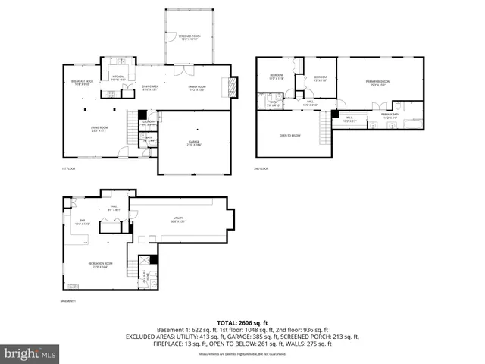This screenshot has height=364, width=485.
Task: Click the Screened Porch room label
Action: click(189, 36)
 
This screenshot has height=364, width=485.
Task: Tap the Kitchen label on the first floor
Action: click(118, 77)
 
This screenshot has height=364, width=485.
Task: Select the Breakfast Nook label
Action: click(82, 83)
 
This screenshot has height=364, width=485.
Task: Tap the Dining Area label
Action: click(152, 88)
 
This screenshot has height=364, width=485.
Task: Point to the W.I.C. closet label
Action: click(349, 118)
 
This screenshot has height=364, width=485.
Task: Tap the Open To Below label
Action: click(289, 136)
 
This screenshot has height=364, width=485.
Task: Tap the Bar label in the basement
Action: click(82, 222)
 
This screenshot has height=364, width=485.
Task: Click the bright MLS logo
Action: click(30, 353)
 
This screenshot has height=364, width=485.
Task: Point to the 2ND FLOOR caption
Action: click(261, 168)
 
